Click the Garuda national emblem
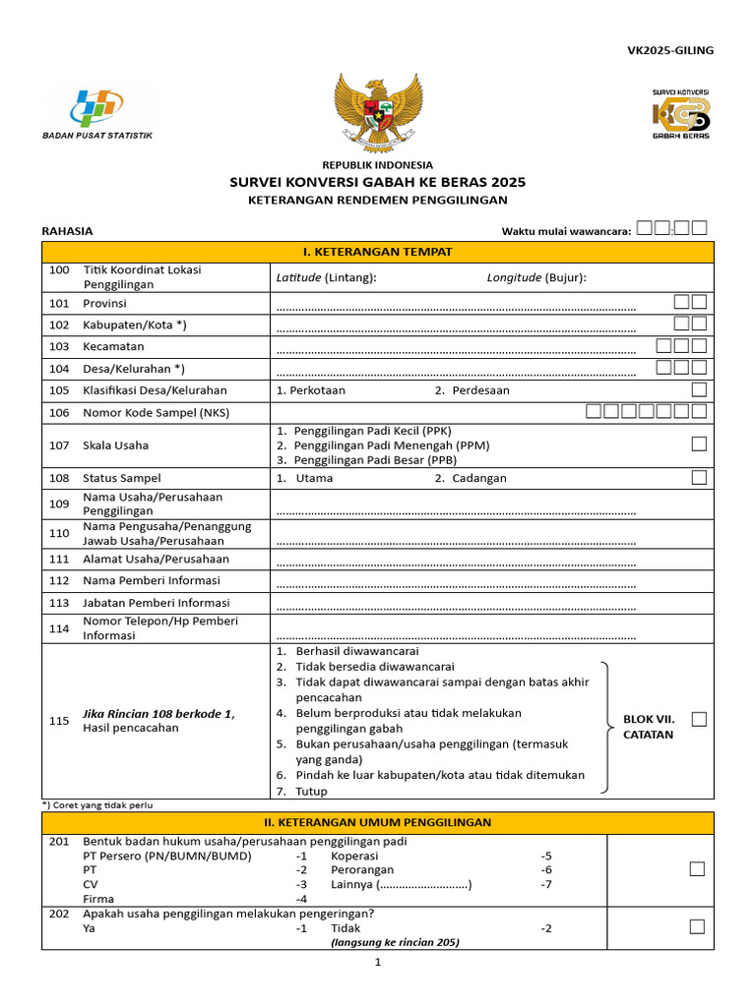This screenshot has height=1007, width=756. click(378, 111)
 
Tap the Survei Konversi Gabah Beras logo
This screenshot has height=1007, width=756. click(680, 113)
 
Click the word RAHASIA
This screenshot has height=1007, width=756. click(67, 231)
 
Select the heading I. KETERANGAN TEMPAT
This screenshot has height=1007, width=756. click(378, 252)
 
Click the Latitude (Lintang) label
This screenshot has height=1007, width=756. click(326, 277)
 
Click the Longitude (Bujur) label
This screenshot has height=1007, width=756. click(536, 277)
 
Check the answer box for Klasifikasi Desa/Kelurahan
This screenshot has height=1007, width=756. click(699, 389)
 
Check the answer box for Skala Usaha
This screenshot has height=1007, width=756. click(699, 444)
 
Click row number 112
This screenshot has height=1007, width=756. click(59, 581)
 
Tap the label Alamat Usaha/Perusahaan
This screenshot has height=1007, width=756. click(156, 559)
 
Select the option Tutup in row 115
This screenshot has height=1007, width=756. click(311, 791)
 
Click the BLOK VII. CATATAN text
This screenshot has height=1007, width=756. click(648, 727)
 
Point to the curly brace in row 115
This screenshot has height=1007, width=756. click(608, 726)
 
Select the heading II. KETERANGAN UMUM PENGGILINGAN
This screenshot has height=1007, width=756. click(378, 822)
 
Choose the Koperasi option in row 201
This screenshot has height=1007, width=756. click(353, 856)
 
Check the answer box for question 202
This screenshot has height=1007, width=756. click(698, 926)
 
